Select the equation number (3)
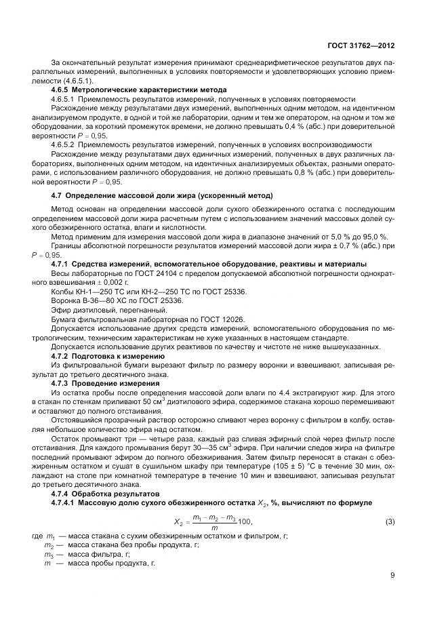point(390,502)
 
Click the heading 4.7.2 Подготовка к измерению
point(108,355)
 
